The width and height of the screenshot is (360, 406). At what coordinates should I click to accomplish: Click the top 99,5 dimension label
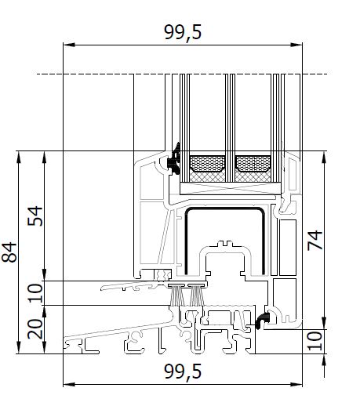pos(183,32)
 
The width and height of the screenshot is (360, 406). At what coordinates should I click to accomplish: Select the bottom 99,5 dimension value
pos(183,372)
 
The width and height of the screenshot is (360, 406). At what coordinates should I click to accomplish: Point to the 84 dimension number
pos(9,252)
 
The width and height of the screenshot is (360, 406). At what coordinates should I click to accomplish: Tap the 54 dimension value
pos(35,216)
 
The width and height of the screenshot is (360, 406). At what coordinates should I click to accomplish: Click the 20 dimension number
pos(35,329)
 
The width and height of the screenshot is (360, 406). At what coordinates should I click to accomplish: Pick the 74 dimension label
pos(315,241)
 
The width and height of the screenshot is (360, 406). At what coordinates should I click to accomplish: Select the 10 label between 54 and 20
pos(35,293)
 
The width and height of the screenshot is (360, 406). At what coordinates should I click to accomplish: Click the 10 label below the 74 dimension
pos(315,341)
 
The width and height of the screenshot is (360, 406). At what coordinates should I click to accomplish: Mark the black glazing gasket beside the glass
pos(175,159)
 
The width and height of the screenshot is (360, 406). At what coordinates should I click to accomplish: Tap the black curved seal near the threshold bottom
pos(263,320)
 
